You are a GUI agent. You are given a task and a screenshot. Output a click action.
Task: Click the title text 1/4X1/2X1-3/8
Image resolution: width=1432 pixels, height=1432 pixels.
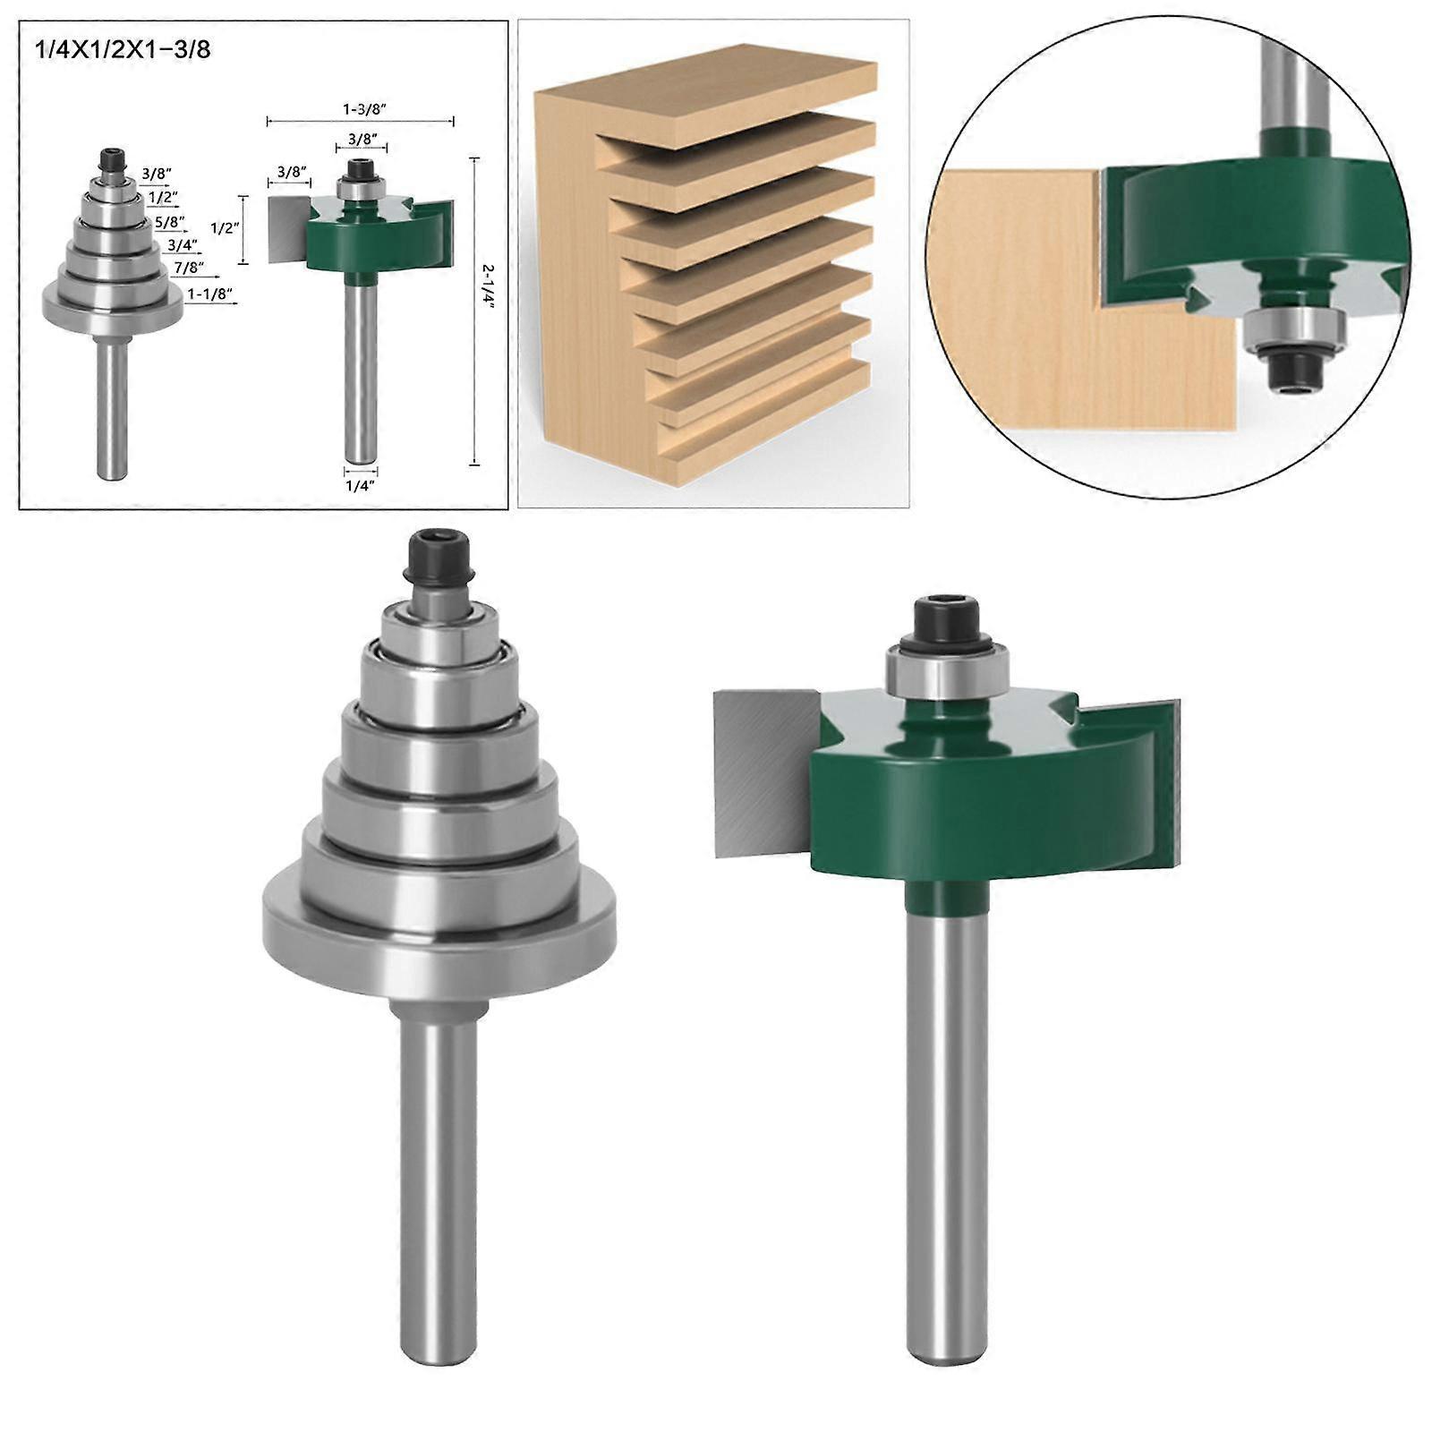click(x=122, y=48)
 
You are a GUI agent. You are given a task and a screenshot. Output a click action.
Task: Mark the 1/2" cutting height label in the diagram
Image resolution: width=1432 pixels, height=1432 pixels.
click(x=226, y=228)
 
